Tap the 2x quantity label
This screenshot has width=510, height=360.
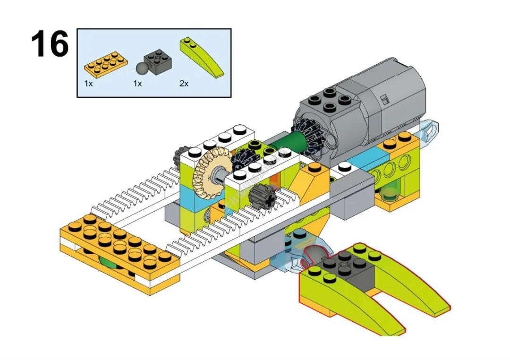point(184,84)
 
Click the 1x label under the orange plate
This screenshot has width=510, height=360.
point(88,84)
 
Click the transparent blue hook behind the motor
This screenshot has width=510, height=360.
point(430,129)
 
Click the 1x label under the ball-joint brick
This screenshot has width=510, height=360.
point(137,84)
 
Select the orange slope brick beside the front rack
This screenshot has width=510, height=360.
point(309,182)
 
